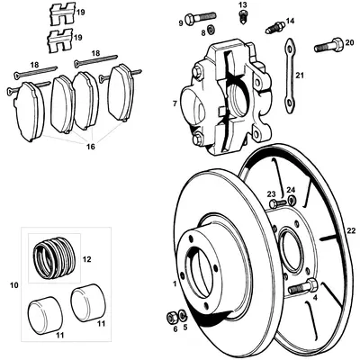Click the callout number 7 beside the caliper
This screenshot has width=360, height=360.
click(x=174, y=104)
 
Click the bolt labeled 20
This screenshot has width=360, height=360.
click(x=329, y=41)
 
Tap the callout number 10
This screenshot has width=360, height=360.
click(x=13, y=285)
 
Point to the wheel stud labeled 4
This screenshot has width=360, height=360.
click(x=301, y=289)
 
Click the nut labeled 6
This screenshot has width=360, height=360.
click(x=172, y=316)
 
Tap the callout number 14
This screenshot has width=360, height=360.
click(x=289, y=21)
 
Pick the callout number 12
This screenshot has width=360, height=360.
click(x=87, y=259)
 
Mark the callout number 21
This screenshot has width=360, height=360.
click(x=300, y=76)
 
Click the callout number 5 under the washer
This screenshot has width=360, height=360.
click(x=185, y=328)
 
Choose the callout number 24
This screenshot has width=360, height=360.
click(x=292, y=189)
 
